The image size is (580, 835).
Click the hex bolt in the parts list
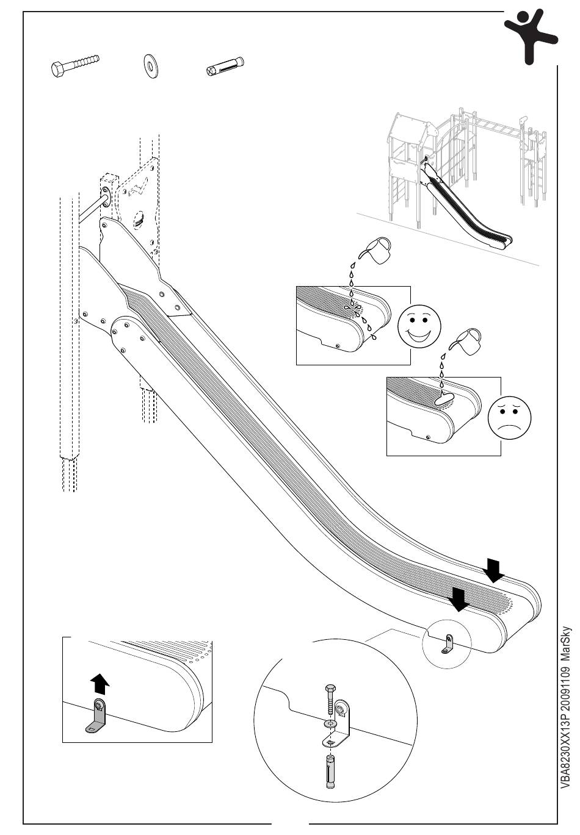tap(75, 66)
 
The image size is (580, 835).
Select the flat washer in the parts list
tap(150, 67)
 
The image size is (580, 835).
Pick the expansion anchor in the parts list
tap(225, 66)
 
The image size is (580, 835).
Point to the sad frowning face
tap(509, 417)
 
